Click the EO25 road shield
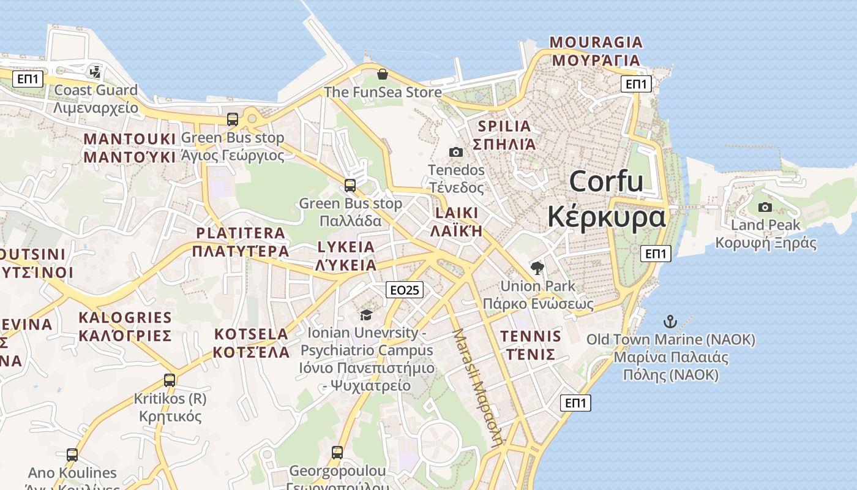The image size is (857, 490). point(405,290)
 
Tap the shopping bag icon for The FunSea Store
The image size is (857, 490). point(383,74)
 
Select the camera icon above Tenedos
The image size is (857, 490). point(456,152)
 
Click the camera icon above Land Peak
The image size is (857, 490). point(765,207)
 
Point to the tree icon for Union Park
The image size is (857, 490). point(537,268)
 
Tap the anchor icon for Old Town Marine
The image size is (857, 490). point(670,322)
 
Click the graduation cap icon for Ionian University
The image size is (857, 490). point(366,315)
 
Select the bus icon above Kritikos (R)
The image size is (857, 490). point(170,380)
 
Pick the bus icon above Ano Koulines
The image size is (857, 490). point(72,455)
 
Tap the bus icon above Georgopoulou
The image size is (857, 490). point(337,453)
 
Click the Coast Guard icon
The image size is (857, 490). point(95,72)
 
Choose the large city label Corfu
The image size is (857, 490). point(606,182)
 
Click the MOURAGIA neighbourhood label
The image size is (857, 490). point(596,42)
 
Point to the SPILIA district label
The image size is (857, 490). point(504,127)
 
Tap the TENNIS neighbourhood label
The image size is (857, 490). point(530,336)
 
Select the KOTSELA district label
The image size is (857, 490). point(251,334)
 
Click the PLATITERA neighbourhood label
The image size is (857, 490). point(240,233)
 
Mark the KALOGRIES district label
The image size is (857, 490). point(125,317)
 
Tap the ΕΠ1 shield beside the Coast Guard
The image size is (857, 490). point(28,79)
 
